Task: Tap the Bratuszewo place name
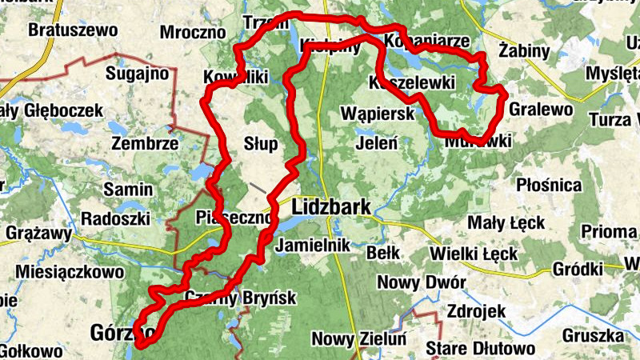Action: click(72, 31)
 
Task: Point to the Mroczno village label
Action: click(194, 33)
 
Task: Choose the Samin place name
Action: click(128, 190)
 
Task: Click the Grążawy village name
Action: click(38, 236)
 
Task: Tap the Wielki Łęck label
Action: click(473, 254)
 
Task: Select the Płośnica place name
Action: click(549, 186)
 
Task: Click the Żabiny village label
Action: click(523, 52)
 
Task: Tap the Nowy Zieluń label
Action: click(359, 339)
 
